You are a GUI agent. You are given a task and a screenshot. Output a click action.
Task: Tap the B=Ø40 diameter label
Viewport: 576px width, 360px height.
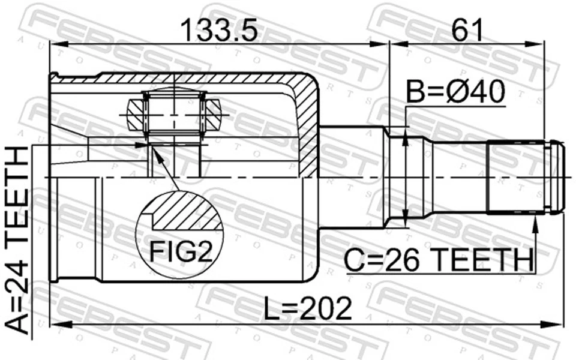pyautogui.click(x=456, y=93)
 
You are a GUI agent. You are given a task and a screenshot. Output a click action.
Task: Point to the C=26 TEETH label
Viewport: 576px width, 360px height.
pyautogui.click(x=439, y=260)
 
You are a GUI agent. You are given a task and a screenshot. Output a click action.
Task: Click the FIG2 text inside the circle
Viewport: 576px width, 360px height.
pyautogui.click(x=181, y=253)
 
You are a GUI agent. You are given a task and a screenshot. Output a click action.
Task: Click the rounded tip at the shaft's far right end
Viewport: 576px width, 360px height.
pyautogui.click(x=559, y=178)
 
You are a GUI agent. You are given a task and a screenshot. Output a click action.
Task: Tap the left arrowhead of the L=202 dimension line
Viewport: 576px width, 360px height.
pyautogui.click(x=56, y=325)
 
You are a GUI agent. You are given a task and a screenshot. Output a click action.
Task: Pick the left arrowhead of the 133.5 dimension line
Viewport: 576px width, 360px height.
pyautogui.click(x=56, y=43)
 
